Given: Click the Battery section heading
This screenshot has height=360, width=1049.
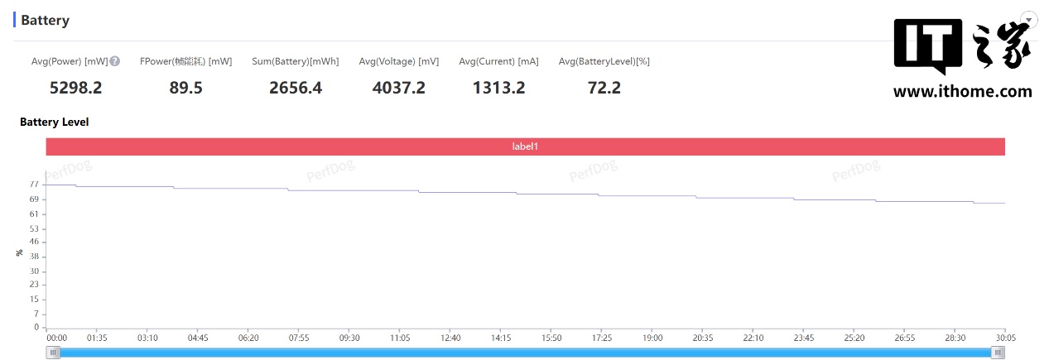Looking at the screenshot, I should [x=45, y=20].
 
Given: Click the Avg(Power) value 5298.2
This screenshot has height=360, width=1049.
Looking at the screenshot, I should [x=76, y=87].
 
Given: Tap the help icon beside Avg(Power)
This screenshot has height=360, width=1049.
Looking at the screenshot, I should [x=115, y=61].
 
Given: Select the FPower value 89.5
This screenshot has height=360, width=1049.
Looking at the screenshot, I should [x=185, y=87].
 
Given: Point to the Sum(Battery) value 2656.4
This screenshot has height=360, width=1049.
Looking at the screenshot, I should [x=296, y=87].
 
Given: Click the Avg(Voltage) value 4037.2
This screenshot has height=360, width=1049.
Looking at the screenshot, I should [x=398, y=87].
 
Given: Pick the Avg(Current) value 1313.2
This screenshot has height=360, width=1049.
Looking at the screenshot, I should [x=498, y=87].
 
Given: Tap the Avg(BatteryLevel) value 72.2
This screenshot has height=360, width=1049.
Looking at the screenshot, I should [x=604, y=87].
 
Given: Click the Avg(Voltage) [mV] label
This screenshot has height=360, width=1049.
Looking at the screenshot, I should [x=398, y=61].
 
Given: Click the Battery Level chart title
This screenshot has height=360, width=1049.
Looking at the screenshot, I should [x=54, y=122].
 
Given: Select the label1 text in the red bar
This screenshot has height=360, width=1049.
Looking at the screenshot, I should [x=525, y=146].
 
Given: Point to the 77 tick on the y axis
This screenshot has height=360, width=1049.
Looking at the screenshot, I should [x=34, y=185].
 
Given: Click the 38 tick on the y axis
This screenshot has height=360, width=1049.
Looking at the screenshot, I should [x=34, y=257].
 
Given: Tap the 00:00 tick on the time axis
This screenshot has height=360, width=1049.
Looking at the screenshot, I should [x=56, y=338].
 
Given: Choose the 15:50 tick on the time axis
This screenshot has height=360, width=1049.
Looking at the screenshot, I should [x=551, y=338].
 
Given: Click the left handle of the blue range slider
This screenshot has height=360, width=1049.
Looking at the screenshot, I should [x=54, y=353].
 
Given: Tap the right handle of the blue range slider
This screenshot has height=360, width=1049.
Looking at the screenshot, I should [x=998, y=353].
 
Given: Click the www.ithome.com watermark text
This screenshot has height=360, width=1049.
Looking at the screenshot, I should [x=962, y=92].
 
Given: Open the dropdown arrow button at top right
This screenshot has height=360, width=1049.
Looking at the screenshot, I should [x=1029, y=19].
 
